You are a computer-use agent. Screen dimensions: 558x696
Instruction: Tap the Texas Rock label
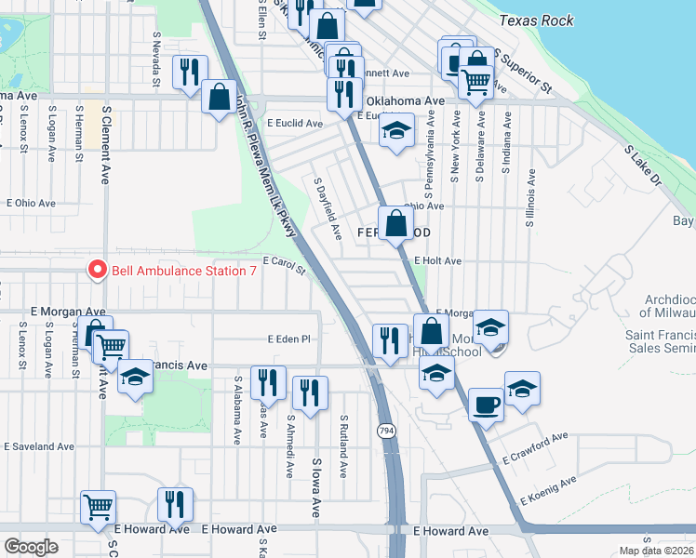tap(541, 20)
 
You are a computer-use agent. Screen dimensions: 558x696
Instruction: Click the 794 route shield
tap(385, 431)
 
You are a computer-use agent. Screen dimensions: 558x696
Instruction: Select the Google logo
tap(32, 547)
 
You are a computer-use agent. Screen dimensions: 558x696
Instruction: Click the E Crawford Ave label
tap(534, 448)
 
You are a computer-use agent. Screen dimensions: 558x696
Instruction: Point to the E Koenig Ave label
tap(548, 489)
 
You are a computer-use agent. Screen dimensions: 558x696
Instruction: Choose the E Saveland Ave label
tap(38, 446)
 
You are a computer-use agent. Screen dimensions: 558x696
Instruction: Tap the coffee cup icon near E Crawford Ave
tap(486, 405)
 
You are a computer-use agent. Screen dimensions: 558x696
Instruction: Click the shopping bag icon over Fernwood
tap(395, 223)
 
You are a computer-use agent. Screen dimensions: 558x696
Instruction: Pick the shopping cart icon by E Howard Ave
tap(98, 506)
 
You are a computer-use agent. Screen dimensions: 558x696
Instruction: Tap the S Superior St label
tap(524, 71)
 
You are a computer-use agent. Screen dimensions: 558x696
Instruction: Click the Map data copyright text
tap(656, 551)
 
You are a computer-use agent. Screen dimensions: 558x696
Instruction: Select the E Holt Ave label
tap(438, 261)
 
